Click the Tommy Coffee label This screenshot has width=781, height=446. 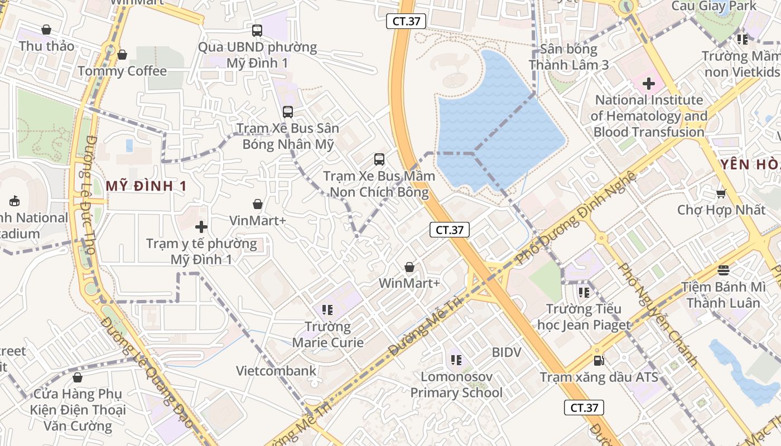[x=122, y=71]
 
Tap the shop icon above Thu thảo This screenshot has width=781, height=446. [x=46, y=30]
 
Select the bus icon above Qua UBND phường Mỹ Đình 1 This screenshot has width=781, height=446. [x=257, y=31]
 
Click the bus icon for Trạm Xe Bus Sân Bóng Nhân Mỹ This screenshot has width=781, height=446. [x=288, y=111]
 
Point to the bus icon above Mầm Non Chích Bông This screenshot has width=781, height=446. [x=379, y=159]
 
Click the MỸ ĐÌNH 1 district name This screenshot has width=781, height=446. [x=146, y=186]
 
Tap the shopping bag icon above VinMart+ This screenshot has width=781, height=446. [x=258, y=204]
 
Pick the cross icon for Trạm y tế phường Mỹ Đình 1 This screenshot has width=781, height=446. [x=201, y=227]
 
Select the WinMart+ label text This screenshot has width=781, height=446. [x=409, y=283]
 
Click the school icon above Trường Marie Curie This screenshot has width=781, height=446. [x=327, y=309]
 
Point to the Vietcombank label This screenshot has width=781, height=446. [x=276, y=371]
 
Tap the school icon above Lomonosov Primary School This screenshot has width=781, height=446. [x=456, y=360]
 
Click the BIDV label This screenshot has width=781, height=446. [x=507, y=352]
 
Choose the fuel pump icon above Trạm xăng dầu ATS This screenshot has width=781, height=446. [x=599, y=361]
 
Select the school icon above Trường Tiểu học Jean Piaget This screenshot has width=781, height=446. [x=584, y=292]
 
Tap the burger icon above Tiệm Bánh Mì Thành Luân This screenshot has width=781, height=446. [x=724, y=270]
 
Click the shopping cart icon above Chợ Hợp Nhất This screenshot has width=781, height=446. [x=721, y=193]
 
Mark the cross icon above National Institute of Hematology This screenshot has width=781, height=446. [x=649, y=84]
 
